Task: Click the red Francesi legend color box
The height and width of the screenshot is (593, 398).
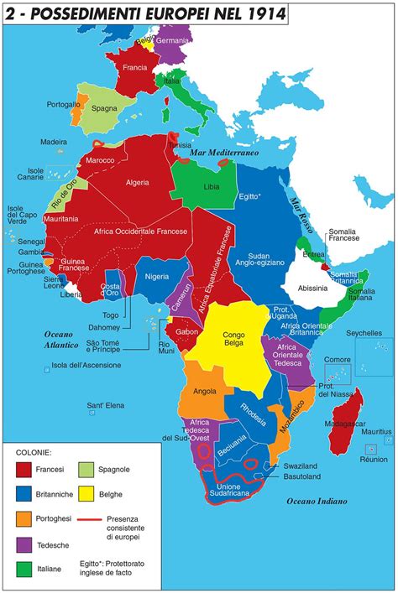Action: point(25,471)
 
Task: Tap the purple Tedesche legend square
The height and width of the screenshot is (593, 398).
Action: point(25,544)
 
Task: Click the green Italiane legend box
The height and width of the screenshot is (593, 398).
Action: point(25,569)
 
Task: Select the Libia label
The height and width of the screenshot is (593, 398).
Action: point(211,186)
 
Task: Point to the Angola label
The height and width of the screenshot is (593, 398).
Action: point(204,390)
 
